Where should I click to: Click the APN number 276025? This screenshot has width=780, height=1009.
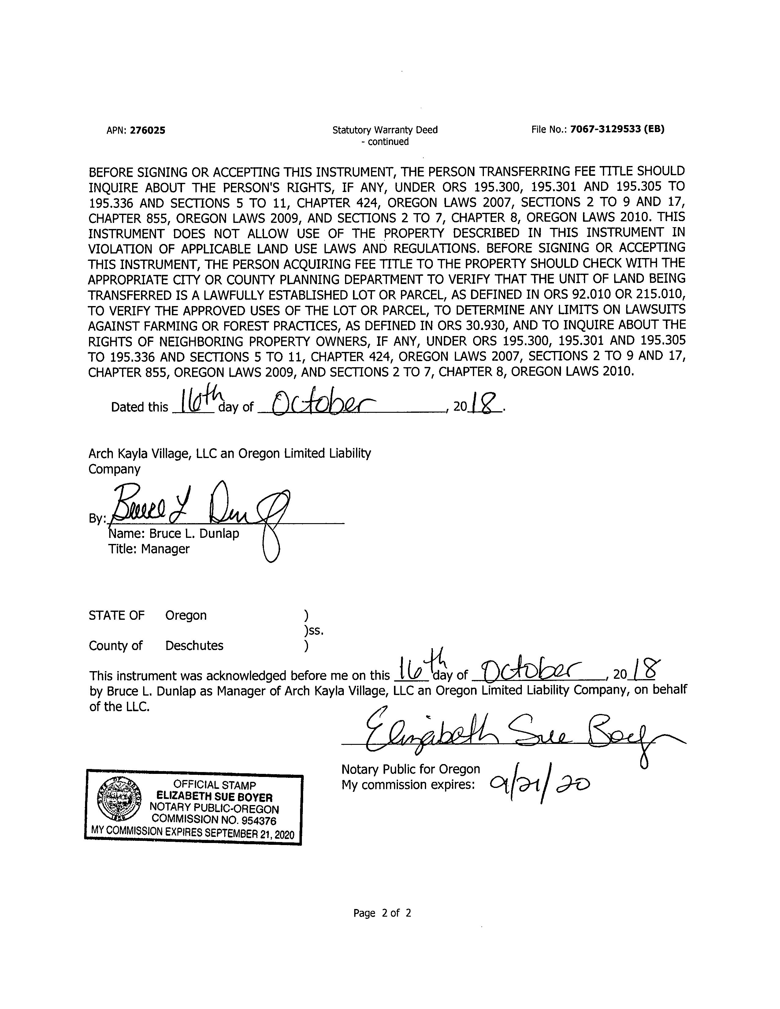(147, 130)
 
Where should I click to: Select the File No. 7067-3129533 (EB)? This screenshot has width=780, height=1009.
(617, 129)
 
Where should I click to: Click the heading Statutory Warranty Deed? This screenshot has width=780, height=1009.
(384, 130)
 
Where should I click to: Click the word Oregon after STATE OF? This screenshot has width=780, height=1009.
(186, 615)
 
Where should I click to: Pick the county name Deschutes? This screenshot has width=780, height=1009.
(194, 645)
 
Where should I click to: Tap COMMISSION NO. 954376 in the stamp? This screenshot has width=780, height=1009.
(214, 820)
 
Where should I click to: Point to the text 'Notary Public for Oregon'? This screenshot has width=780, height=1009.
(410, 769)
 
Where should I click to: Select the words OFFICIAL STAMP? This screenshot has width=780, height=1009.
(214, 785)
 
